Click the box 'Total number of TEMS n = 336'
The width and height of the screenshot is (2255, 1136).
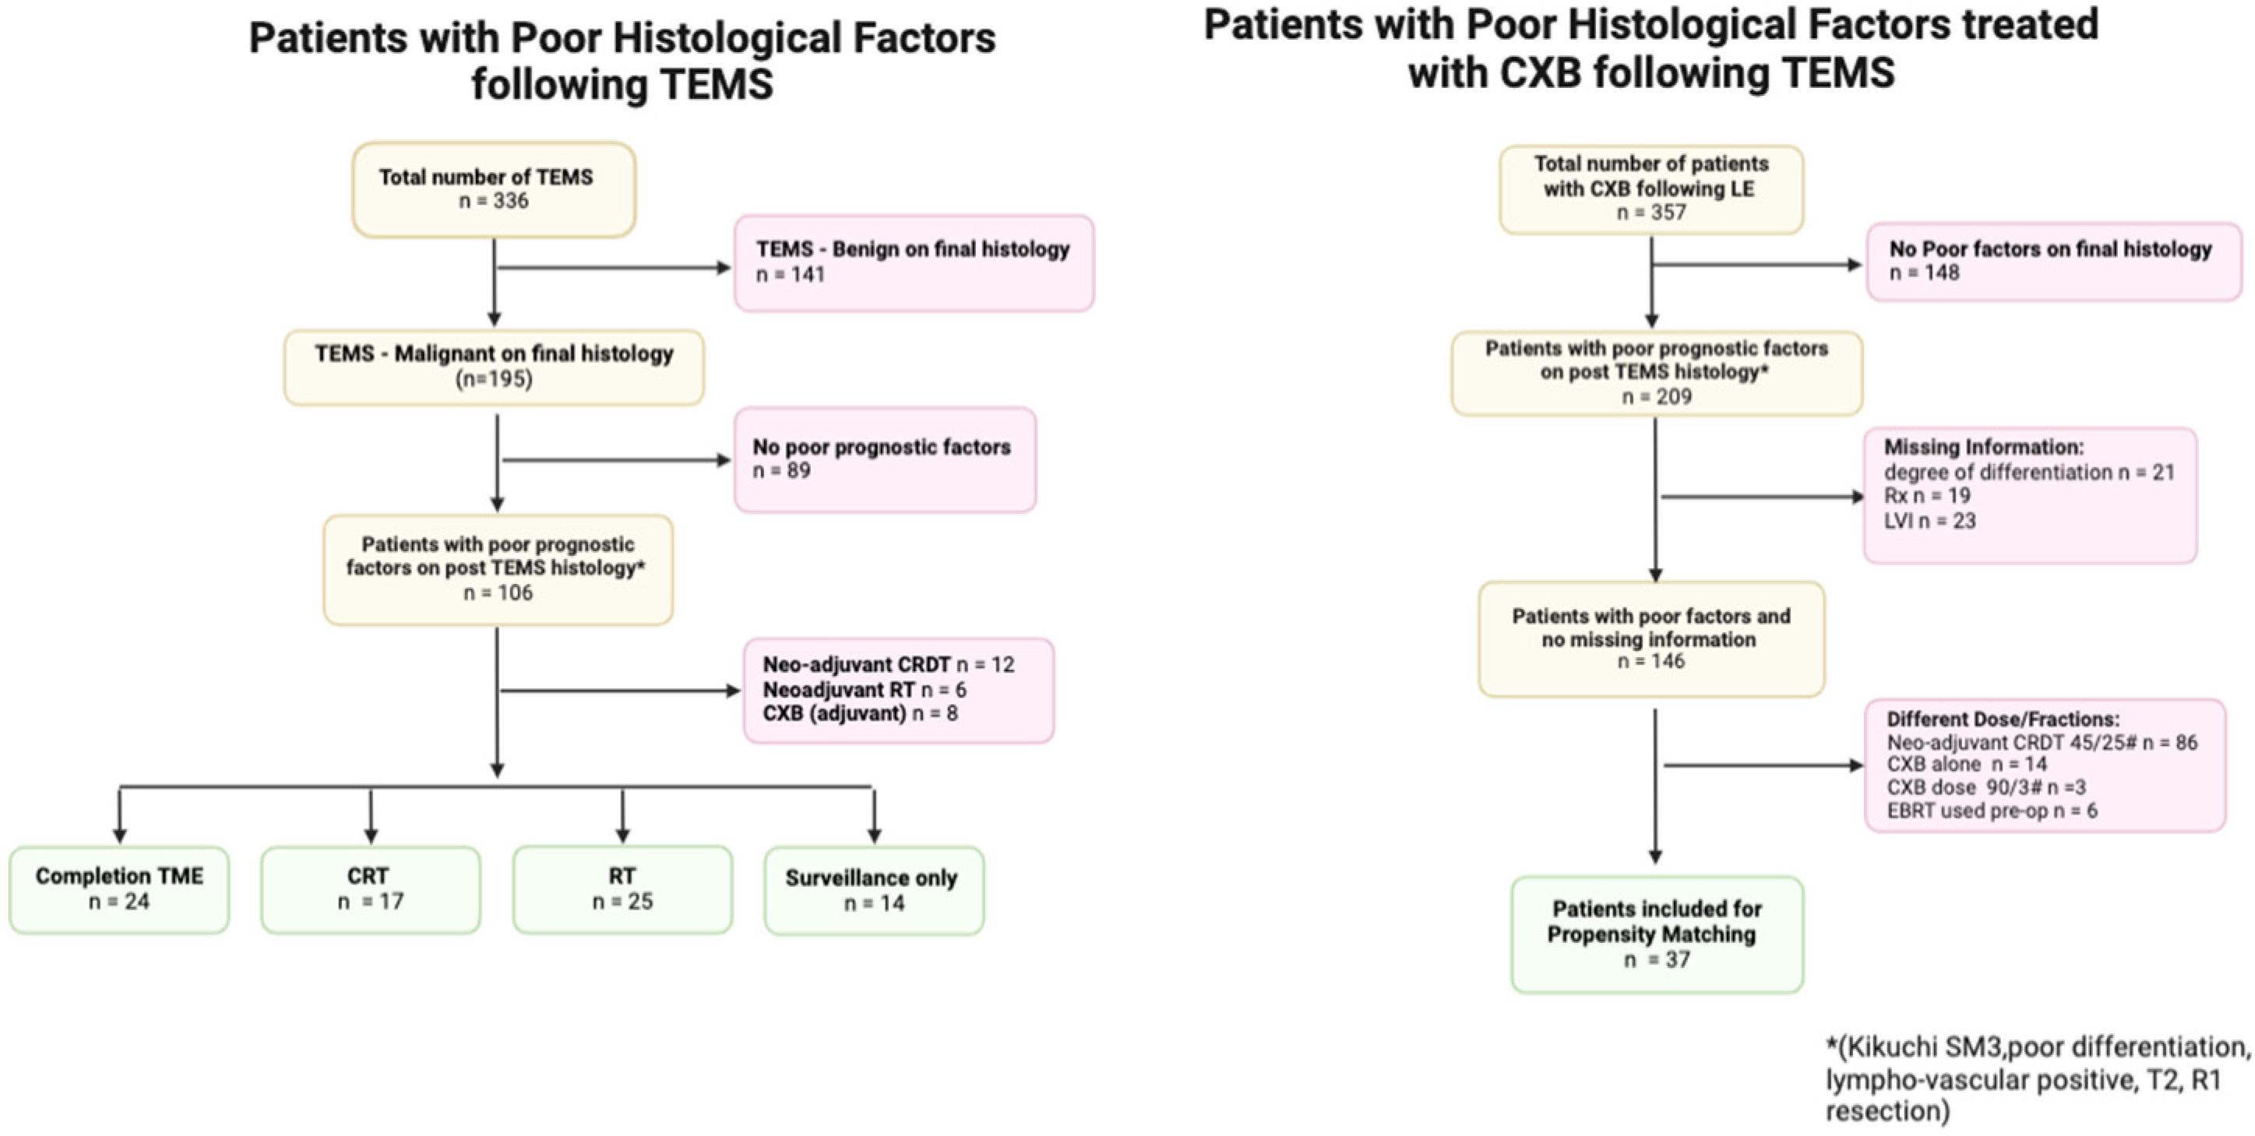pos(494,189)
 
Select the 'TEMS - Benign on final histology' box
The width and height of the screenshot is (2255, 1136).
pos(913,262)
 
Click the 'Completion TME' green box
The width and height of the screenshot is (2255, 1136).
pos(119,889)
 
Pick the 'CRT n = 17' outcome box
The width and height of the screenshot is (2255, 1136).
pos(370,889)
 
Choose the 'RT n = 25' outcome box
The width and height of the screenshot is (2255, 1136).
pos(622,889)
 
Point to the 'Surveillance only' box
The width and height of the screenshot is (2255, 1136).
pos(872,890)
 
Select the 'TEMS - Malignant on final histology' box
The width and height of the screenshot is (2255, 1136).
pos(494,367)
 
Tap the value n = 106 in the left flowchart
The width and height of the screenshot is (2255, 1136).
pos(497,593)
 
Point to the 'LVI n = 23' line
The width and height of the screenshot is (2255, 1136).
pos(1929,521)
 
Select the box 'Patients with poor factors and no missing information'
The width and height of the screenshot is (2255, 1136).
pos(1651,639)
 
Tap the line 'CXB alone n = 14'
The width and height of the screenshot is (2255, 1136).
pos(1966,764)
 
